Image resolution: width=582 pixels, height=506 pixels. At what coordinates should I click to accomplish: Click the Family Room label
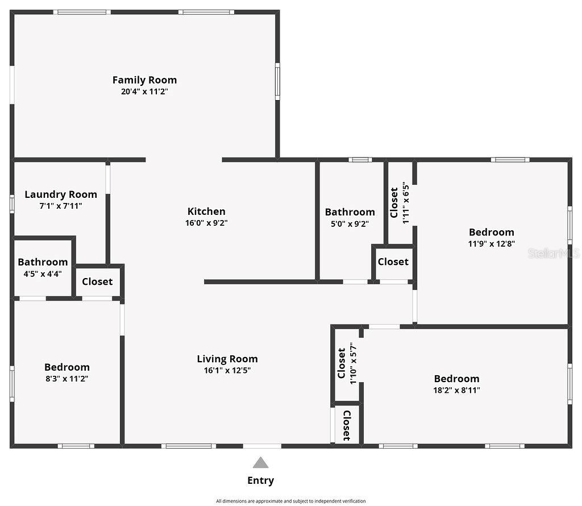pos(144,80)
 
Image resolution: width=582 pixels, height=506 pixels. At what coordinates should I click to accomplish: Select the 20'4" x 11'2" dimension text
pos(144,91)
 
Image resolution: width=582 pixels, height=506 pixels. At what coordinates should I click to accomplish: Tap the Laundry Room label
pos(61,194)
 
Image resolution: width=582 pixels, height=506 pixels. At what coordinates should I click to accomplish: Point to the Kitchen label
pos(206,211)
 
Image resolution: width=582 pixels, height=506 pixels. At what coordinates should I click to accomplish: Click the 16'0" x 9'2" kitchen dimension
pos(206,223)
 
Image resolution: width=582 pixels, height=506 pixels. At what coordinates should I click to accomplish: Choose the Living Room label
pos(227,359)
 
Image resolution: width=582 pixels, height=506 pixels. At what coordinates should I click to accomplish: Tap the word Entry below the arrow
pos(260,480)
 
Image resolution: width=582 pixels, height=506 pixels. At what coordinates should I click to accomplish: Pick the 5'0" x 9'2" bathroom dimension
pos(350,223)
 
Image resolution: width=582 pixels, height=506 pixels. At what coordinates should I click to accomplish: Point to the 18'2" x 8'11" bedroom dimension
pos(456,390)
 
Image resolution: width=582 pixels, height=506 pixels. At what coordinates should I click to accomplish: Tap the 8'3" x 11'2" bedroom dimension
pos(67,379)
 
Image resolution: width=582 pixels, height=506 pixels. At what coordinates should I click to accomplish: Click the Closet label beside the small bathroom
pos(97,281)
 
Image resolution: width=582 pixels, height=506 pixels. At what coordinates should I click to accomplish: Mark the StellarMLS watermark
pos(553,253)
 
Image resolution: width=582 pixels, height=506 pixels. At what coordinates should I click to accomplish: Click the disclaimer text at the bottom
pos(290,501)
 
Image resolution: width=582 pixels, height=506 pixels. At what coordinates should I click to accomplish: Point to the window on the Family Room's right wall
pos(277,81)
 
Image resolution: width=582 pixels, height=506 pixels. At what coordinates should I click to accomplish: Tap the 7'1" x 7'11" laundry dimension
pos(61,206)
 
